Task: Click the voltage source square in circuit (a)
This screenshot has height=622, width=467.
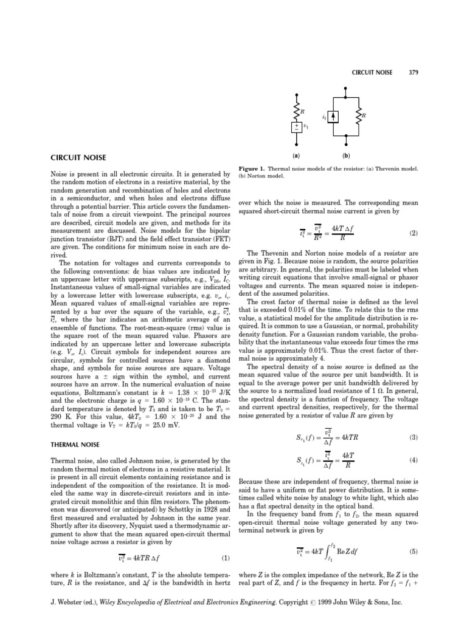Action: (297, 128)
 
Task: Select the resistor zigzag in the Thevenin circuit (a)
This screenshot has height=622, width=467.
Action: (297, 111)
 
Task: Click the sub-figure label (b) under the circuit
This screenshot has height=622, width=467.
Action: (346, 155)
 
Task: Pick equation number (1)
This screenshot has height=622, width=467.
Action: (226, 558)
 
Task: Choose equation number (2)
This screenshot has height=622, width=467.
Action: (414, 232)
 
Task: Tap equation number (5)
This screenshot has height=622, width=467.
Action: (414, 551)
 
